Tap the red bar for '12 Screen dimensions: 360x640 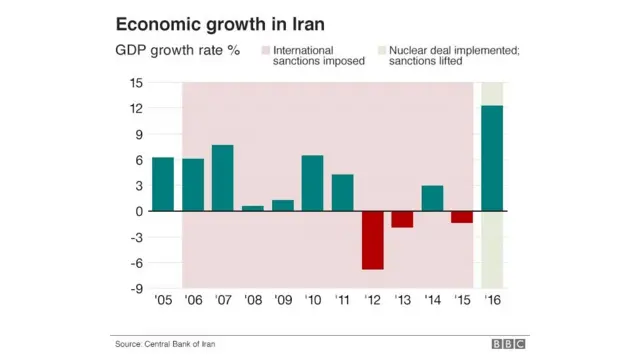pos(373,240)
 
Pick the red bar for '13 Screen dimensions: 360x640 pos(402,219)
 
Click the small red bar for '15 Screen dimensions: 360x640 pos(462,217)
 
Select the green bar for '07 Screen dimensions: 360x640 pos(223,178)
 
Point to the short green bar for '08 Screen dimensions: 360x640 pos(253,208)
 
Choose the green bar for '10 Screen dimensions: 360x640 pos(313,183)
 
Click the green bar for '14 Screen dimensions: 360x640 pos(432,198)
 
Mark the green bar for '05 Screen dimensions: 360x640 pos(163,184)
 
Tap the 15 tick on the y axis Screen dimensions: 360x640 pos(134,83)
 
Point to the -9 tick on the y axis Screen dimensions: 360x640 pos(134,289)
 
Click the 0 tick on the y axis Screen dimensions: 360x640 pos(138,211)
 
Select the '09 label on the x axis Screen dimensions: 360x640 pos(283,299)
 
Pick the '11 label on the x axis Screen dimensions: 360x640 pos(343,299)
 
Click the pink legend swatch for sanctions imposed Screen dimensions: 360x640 pos(265,49)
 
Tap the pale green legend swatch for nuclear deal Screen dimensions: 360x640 pos(380,49)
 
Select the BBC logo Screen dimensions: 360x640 pos(508,344)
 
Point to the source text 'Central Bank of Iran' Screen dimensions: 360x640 pos(180,344)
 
